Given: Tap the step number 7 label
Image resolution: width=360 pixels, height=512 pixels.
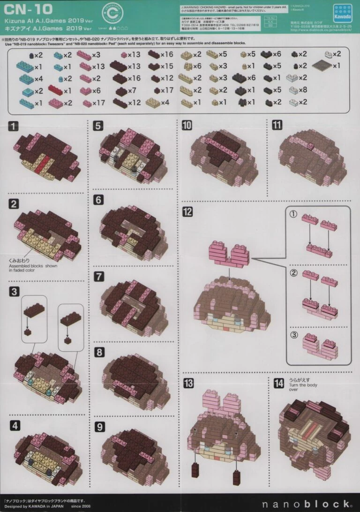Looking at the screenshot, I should pyautogui.click(x=99, y=276).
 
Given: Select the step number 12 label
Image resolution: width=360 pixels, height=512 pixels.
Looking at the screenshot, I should pyautogui.click(x=187, y=211).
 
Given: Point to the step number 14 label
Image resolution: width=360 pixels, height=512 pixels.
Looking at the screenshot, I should pyautogui.click(x=279, y=383).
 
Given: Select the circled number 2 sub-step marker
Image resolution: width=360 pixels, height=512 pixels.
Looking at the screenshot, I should pyautogui.click(x=294, y=272).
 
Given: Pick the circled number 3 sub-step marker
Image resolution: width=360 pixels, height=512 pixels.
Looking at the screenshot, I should pyautogui.click(x=294, y=335).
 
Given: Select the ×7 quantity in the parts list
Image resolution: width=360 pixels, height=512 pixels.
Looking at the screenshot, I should pyautogui.click(x=132, y=90).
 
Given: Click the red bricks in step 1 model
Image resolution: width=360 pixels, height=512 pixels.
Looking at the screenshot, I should pyautogui.click(x=44, y=163).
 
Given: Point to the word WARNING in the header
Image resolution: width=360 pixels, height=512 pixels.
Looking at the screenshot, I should pyautogui.click(x=195, y=8).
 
